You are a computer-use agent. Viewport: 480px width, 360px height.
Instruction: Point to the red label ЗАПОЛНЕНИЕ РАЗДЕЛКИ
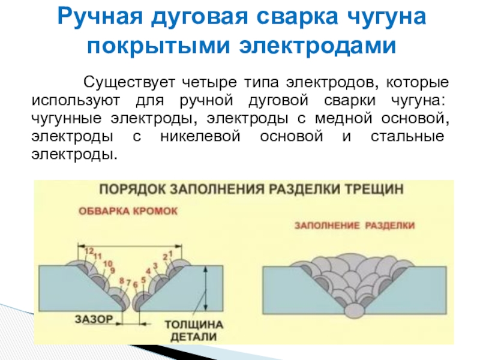[355, 226]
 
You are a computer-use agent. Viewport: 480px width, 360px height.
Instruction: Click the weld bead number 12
[89, 250]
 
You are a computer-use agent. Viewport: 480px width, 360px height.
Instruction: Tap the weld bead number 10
[108, 263]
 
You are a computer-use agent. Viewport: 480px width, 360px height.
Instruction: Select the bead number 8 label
[122, 281]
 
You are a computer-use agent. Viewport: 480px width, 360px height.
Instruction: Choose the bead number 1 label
[171, 253]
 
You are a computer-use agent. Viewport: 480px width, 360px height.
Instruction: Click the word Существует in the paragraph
[123, 82]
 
